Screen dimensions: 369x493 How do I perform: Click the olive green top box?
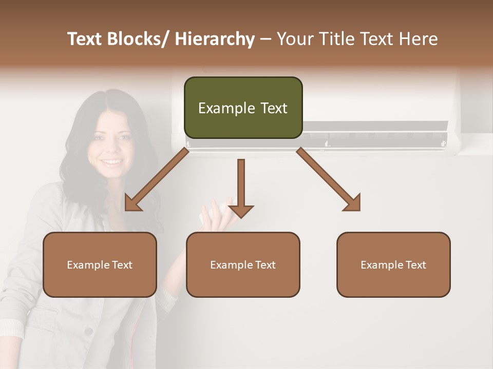243,108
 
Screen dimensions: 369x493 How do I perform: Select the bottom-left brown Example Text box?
100,264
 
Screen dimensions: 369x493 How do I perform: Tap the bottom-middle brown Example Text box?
243,264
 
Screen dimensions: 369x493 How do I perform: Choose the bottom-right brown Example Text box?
393,264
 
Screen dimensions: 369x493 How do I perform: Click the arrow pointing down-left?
157,180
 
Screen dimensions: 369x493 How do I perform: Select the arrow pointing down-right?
329,180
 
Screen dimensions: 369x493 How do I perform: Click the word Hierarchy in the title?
215,39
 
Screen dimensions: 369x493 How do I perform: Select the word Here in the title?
418,39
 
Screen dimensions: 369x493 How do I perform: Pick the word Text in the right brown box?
415,264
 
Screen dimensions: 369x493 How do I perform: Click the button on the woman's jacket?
88,332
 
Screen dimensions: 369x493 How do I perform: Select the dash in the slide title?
266,39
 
